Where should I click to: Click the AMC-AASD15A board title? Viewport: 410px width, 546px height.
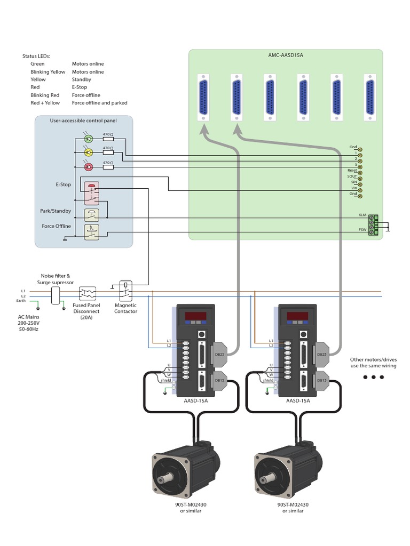click(286, 55)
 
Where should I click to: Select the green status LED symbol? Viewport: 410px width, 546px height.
click(89, 139)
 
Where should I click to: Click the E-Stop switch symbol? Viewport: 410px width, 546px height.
click(91, 192)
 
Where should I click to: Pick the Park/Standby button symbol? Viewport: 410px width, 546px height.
click(91, 214)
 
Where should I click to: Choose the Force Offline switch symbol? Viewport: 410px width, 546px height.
click(91, 232)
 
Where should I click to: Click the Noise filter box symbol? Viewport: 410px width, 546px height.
click(56, 295)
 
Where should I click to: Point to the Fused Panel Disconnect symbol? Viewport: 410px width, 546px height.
click(87, 294)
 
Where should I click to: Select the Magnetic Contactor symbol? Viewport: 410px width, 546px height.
click(125, 291)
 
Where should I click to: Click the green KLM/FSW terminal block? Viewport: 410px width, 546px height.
click(373, 224)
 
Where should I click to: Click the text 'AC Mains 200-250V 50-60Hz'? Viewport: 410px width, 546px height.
click(29, 323)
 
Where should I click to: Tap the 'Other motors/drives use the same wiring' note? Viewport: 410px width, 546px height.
click(373, 363)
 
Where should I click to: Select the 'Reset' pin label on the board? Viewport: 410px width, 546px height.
click(352, 170)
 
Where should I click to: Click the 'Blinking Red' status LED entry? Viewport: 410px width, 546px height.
click(44, 95)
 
